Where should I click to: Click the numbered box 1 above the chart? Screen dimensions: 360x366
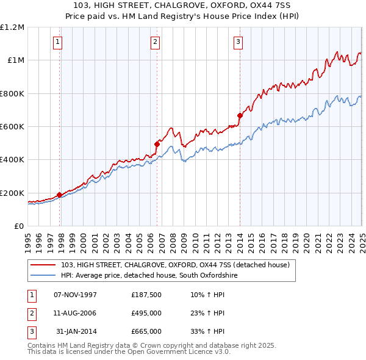[57, 42]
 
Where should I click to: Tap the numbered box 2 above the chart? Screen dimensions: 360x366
[155, 42]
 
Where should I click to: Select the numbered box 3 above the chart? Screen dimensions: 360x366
[238, 42]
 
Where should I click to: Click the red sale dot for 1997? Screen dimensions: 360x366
[59, 195]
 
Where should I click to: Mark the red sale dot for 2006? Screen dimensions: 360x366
[157, 144]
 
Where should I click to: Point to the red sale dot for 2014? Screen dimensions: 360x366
[240, 115]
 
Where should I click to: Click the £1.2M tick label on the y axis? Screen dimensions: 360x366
[12, 27]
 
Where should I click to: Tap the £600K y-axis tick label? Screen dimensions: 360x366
[12, 126]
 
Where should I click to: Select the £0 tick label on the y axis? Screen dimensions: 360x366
[18, 226]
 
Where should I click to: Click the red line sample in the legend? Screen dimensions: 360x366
[43, 265]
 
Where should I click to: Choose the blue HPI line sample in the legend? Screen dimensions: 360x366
[43, 276]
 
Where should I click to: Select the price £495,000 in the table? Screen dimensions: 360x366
[146, 313]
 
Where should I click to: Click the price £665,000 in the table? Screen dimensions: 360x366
[146, 331]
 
